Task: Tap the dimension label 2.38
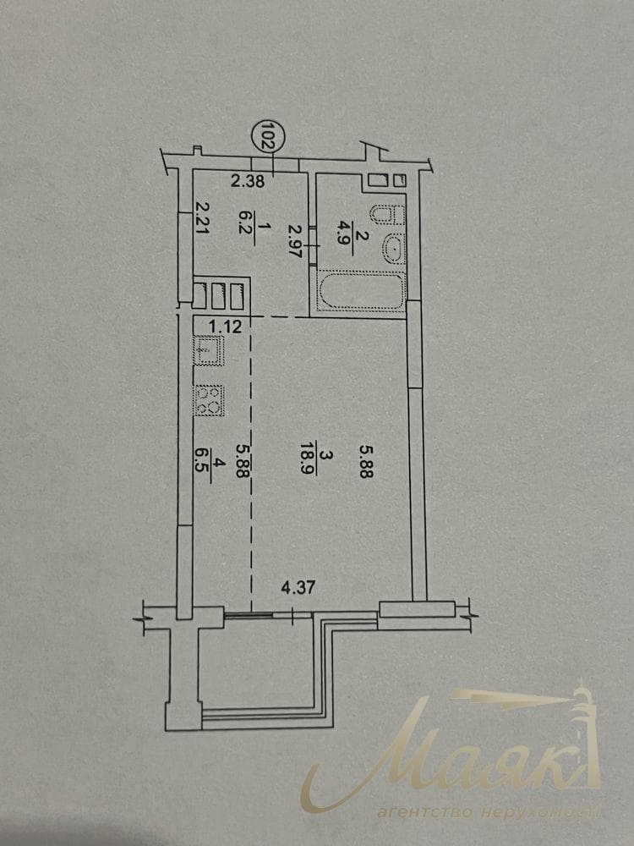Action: (248, 181)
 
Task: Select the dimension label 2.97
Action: (294, 240)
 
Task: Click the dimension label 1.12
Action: (226, 327)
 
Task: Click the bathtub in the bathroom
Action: (361, 292)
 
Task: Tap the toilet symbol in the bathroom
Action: (387, 215)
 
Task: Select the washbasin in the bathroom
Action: (394, 250)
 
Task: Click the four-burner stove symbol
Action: (210, 400)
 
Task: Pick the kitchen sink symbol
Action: (209, 351)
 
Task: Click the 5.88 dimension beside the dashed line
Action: (243, 461)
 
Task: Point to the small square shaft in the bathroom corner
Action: (400, 181)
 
